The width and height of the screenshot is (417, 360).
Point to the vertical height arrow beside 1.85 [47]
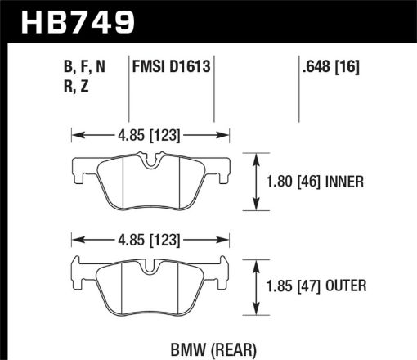tap(259, 286)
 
